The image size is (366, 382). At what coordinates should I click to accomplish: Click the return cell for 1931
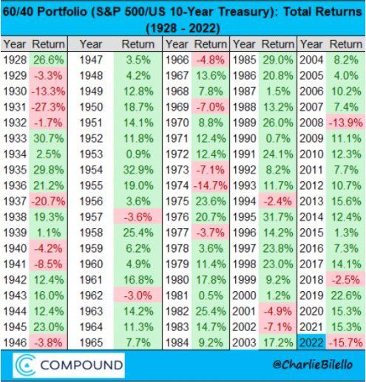[48, 107]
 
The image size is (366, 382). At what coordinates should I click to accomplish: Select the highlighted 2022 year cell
[311, 343]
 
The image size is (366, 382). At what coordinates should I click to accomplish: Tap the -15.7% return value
[346, 343]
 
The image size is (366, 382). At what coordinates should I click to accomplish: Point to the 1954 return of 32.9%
[138, 170]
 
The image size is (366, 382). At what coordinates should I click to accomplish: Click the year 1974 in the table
[177, 185]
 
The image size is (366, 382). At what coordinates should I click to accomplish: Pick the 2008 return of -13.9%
[346, 123]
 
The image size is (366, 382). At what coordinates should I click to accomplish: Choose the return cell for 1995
[278, 217]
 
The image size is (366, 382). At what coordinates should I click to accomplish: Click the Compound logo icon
[25, 365]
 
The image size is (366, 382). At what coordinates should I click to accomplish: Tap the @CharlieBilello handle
[313, 365]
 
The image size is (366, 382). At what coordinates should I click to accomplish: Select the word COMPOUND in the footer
[81, 365]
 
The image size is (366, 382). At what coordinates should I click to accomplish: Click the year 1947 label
[91, 60]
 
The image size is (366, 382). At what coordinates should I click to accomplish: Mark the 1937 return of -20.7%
[48, 202]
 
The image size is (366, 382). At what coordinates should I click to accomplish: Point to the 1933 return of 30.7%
[49, 138]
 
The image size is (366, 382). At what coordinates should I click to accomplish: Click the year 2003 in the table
[244, 343]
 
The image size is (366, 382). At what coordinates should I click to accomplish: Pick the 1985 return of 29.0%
[278, 60]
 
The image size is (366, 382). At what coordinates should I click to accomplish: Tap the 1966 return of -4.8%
[210, 60]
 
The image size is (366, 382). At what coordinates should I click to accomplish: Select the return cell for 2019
[346, 296]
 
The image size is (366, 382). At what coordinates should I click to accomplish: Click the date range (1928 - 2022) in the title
[183, 28]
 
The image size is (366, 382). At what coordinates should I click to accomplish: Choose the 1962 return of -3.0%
[138, 296]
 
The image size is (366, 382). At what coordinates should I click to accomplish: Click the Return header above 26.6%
[48, 44]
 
